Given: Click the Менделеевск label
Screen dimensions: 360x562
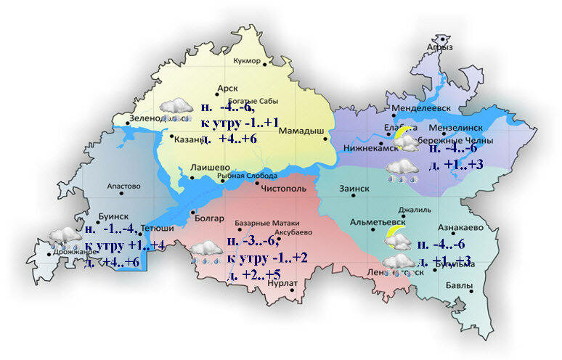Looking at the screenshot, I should click(x=421, y=109).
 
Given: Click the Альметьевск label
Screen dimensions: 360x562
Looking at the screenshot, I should click(x=377, y=221).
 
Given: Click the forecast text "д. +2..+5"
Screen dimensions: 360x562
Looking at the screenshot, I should click(x=253, y=275).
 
